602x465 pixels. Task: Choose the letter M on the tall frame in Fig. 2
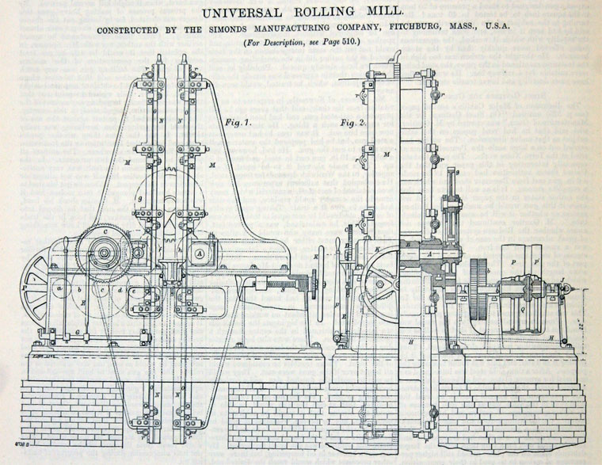[x=387, y=153]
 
